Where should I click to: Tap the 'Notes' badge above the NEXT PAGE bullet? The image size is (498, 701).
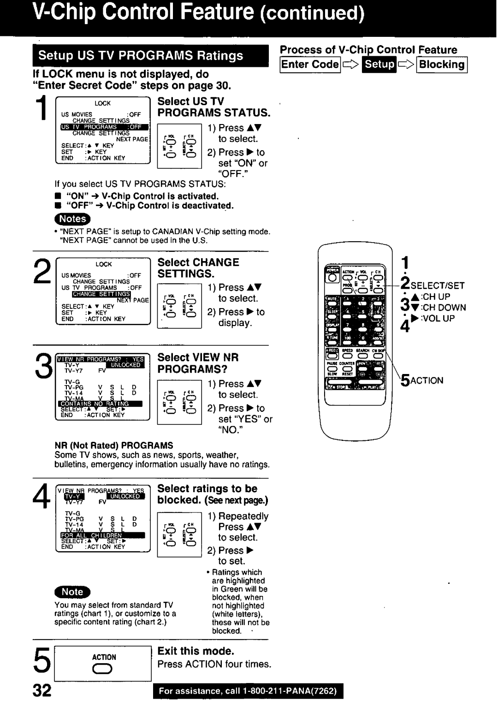coord(73,219)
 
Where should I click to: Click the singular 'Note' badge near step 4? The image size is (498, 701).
coord(72,592)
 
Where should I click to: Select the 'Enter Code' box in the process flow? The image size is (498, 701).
coord(310,65)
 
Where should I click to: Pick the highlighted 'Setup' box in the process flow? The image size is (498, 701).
coord(380,65)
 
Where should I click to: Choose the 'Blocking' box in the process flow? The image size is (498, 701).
coord(442,65)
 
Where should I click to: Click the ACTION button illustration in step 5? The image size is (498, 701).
coord(104,669)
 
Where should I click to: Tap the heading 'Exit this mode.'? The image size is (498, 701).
coord(196,651)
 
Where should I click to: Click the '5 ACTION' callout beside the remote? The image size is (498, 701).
coord(421,380)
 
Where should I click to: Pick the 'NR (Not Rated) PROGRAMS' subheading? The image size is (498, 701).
coord(114,446)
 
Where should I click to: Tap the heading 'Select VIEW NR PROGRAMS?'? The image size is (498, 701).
coord(198,363)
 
